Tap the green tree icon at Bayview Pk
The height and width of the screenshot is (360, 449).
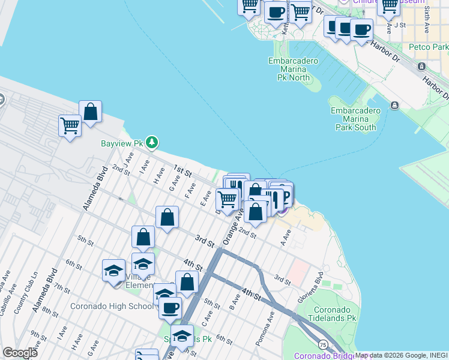[153, 142]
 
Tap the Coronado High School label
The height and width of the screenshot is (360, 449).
[112, 306]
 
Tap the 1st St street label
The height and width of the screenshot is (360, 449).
[182, 171]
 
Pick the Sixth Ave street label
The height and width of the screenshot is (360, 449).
[427, 20]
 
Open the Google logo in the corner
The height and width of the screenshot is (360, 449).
[20, 353]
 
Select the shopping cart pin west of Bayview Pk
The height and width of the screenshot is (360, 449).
[70, 126]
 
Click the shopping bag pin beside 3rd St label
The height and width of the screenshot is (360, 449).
[167, 217]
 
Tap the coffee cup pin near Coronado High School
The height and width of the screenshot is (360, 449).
[170, 308]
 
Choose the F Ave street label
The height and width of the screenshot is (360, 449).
[190, 192]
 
